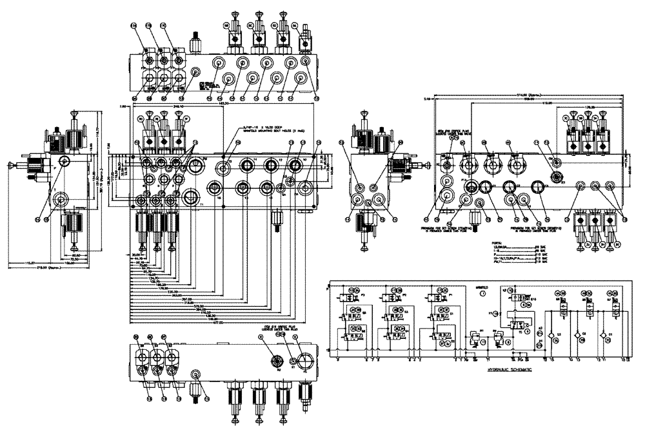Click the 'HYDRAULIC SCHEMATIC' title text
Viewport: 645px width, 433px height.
(511, 370)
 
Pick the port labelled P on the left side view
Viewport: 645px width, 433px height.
(64, 160)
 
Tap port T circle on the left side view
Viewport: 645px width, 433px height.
(62, 201)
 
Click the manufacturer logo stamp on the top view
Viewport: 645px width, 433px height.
(206, 85)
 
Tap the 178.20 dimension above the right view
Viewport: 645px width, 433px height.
(588, 107)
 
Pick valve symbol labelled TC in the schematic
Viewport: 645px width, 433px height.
(517, 323)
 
